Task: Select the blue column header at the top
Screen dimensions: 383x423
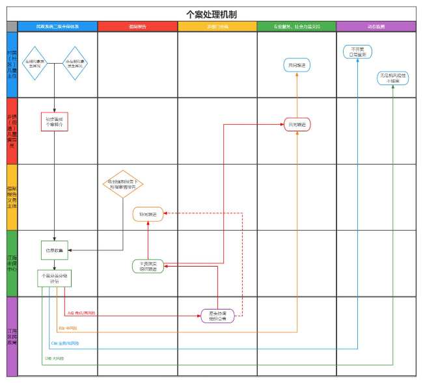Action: [x=57, y=27]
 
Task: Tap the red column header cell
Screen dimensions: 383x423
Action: [x=137, y=27]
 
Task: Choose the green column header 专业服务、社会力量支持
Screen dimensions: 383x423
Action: [x=296, y=27]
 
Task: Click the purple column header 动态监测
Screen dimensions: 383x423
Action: [x=375, y=27]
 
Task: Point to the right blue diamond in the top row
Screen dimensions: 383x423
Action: [x=75, y=63]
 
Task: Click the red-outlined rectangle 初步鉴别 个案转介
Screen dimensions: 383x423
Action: [x=55, y=122]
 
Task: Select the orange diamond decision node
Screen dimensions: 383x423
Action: [x=123, y=184]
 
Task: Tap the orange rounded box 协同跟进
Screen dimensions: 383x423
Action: [x=148, y=214]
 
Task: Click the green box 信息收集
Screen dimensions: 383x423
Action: [x=55, y=250]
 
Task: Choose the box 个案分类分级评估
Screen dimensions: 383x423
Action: [x=55, y=279]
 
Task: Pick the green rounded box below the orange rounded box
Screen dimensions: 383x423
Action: [x=148, y=266]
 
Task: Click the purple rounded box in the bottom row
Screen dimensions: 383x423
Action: [x=217, y=316]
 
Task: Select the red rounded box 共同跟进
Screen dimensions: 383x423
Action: [x=297, y=124]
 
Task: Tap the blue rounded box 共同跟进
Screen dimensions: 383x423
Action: [x=297, y=65]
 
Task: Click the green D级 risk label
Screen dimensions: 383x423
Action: [x=55, y=358]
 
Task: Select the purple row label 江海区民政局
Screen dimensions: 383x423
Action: [x=12, y=336]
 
